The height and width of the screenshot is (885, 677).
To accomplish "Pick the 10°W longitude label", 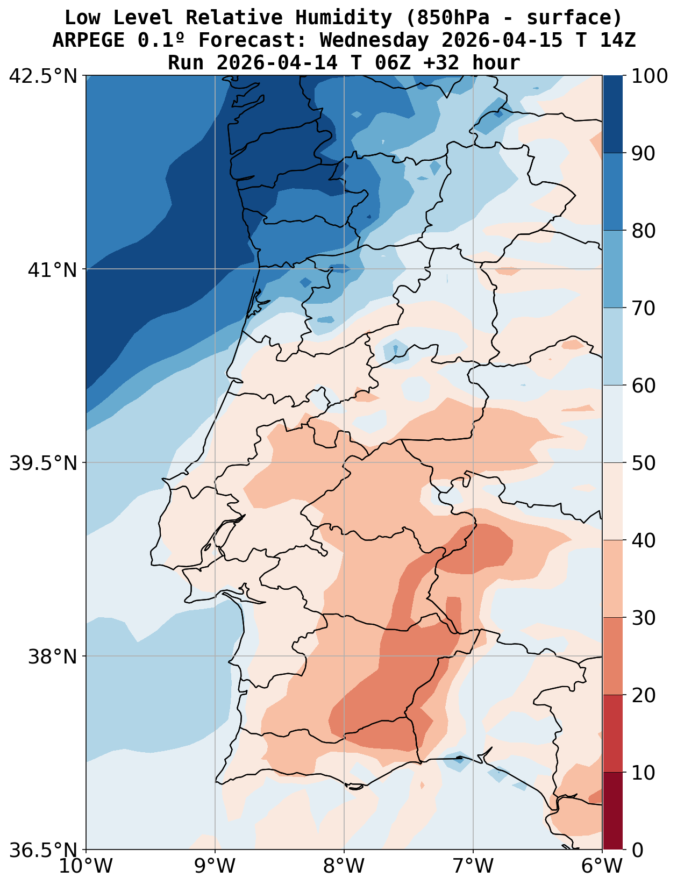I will (86, 867).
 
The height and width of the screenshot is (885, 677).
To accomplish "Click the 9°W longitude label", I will (215, 867).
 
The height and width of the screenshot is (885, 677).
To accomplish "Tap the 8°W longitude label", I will (344, 867).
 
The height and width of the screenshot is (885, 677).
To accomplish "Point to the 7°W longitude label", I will (473, 867).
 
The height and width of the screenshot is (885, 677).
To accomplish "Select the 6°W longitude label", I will (602, 867).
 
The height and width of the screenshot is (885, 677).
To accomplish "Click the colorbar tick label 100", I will (650, 76).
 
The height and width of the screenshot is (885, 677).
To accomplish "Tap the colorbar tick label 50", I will (643, 463).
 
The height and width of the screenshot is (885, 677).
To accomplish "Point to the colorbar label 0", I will (637, 850).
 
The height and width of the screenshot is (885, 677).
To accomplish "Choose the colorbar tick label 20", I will (643, 695).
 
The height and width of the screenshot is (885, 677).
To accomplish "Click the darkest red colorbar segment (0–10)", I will (612, 811).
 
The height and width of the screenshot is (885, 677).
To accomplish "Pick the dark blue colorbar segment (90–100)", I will (612, 115).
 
